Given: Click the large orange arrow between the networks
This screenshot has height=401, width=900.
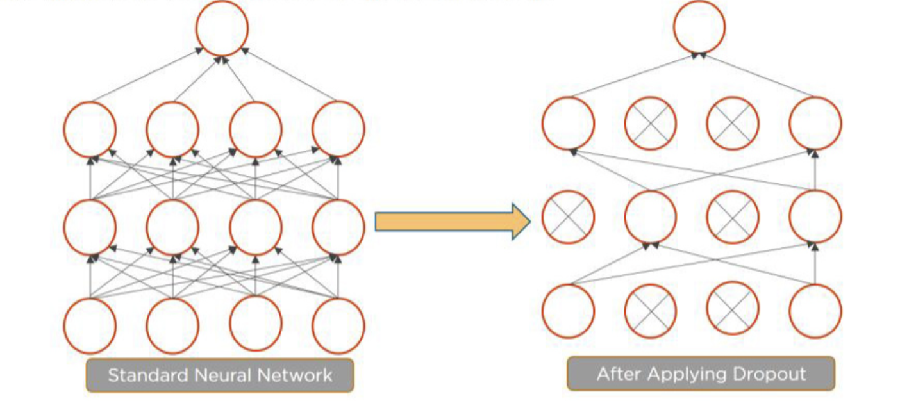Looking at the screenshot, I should pos(452,222).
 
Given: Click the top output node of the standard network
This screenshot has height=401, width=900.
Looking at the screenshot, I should pos(222,29).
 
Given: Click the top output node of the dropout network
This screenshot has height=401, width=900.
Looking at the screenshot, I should pos(699,28).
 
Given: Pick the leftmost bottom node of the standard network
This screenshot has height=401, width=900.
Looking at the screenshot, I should pos(90,325).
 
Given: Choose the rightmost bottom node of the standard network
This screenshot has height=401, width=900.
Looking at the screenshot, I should pos(338,325).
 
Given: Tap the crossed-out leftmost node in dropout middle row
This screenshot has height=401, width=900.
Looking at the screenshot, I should pos(568,217).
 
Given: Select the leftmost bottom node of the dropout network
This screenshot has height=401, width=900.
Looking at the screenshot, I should pos(568,311).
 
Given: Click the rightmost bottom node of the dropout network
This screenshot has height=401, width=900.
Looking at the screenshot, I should pos(815,311).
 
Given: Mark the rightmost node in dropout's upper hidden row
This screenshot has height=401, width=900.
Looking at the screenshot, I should pos(815,124).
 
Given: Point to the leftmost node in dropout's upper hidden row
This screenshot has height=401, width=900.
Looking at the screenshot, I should pos(568,124).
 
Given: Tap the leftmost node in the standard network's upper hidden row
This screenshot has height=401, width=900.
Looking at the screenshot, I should pos(90,129).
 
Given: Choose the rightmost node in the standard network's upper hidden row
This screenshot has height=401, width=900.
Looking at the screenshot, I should pos(338,129).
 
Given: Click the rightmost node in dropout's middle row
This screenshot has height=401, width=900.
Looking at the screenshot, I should pos(815,217).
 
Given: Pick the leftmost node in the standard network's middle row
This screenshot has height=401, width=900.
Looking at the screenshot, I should pos(90,227).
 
